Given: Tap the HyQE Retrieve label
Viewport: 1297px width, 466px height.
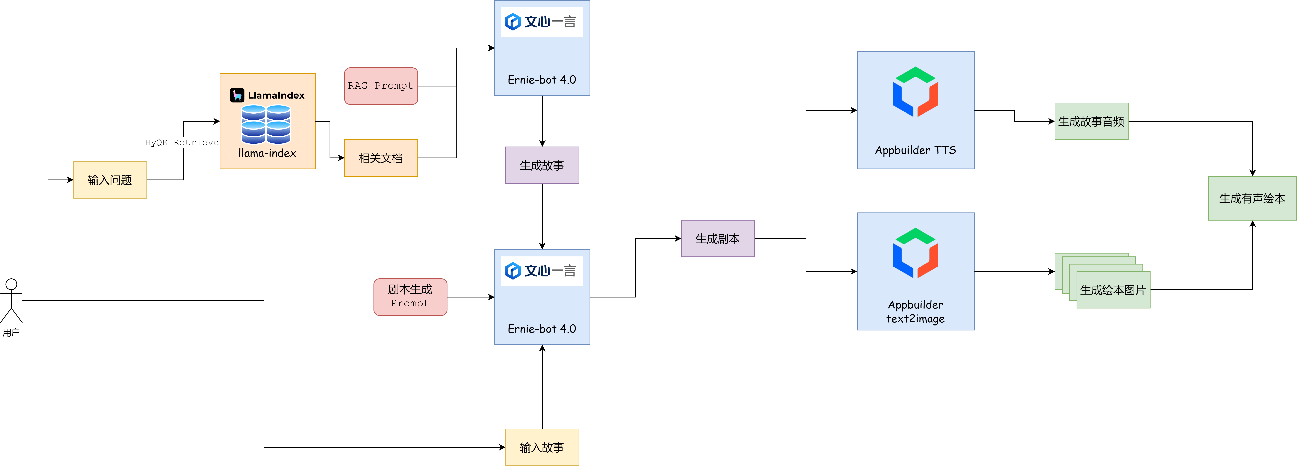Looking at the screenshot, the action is pos(182,143).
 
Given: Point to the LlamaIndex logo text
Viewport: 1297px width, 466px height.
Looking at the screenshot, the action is pos(276,95).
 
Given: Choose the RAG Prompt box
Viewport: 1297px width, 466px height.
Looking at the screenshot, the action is pos(381,86).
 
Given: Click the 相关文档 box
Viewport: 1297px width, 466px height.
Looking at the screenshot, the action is pos(381,158).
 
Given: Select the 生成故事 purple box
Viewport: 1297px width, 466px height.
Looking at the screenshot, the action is pos(542,165).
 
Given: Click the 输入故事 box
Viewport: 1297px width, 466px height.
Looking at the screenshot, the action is pos(542,447).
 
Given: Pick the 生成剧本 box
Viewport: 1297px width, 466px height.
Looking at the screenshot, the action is pos(718,239).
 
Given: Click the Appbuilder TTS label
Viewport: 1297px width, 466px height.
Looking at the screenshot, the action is pos(915,150).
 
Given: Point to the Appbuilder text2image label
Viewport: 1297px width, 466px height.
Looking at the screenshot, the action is pos(915,312).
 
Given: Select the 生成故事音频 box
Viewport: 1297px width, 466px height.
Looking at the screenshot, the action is pos(1092,121).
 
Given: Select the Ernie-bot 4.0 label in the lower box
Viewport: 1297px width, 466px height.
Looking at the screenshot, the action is pos(542,329).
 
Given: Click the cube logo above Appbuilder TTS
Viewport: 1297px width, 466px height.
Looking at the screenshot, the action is pos(915,92).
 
